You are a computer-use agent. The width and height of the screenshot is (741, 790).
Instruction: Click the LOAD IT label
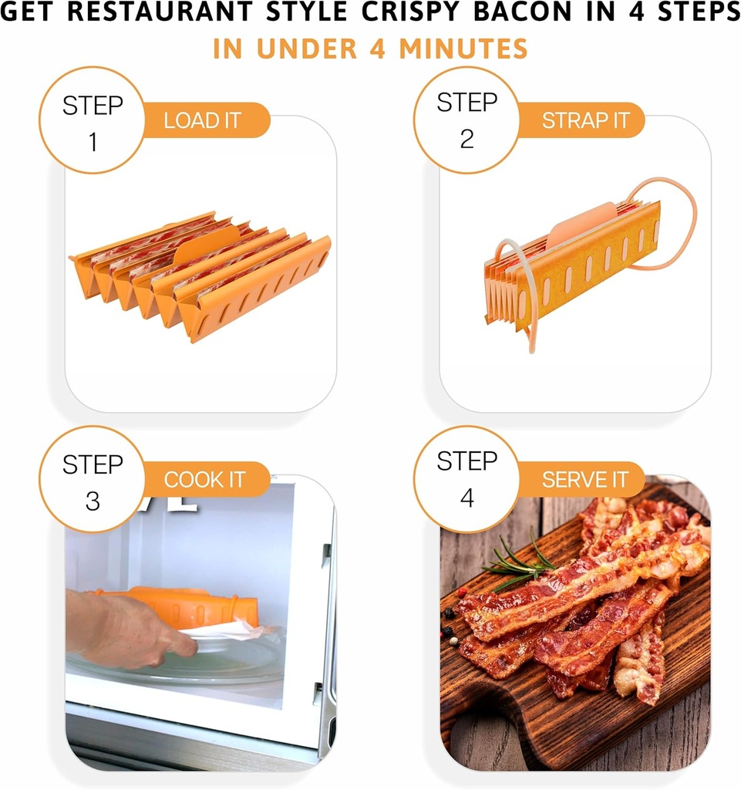point(203,120)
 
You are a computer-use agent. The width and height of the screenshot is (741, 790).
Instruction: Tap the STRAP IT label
point(585,120)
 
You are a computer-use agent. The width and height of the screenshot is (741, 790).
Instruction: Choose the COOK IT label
point(204,479)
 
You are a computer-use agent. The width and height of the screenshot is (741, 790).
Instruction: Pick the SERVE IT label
point(585,479)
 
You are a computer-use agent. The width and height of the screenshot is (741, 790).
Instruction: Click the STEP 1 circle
point(93,122)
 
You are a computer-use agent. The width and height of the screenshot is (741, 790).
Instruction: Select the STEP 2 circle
point(467,120)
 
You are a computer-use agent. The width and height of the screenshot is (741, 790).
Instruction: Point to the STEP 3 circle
point(93,481)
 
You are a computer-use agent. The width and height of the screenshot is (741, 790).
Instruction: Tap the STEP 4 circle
point(467,479)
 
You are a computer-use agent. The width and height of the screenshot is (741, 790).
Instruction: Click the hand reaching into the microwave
point(127,629)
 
